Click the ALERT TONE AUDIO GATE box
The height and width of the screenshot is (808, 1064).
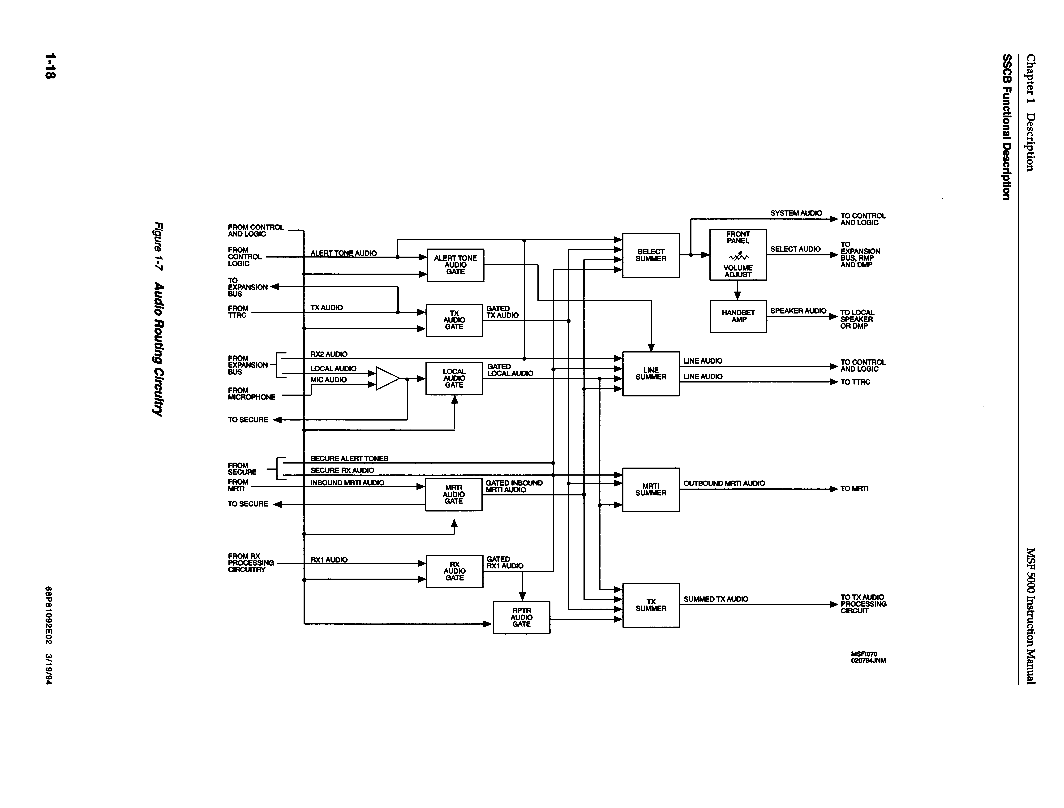[455, 265]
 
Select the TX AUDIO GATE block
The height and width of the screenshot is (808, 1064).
[454, 320]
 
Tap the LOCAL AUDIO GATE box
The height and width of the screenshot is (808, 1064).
[454, 378]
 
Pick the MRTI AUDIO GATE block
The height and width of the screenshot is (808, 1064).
[454, 494]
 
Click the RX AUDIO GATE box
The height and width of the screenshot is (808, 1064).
[454, 571]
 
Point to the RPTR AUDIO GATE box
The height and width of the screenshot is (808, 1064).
[521, 618]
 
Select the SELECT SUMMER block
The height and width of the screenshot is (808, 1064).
[651, 255]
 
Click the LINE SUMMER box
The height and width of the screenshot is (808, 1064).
[651, 374]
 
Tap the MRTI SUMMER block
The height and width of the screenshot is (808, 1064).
[651, 490]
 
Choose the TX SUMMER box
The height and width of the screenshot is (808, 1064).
[651, 605]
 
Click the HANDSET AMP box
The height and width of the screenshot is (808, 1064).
[738, 316]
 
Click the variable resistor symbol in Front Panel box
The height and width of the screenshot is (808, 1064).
[738, 255]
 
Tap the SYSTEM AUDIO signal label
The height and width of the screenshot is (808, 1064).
[796, 213]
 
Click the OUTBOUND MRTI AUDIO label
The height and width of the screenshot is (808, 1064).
[724, 483]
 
